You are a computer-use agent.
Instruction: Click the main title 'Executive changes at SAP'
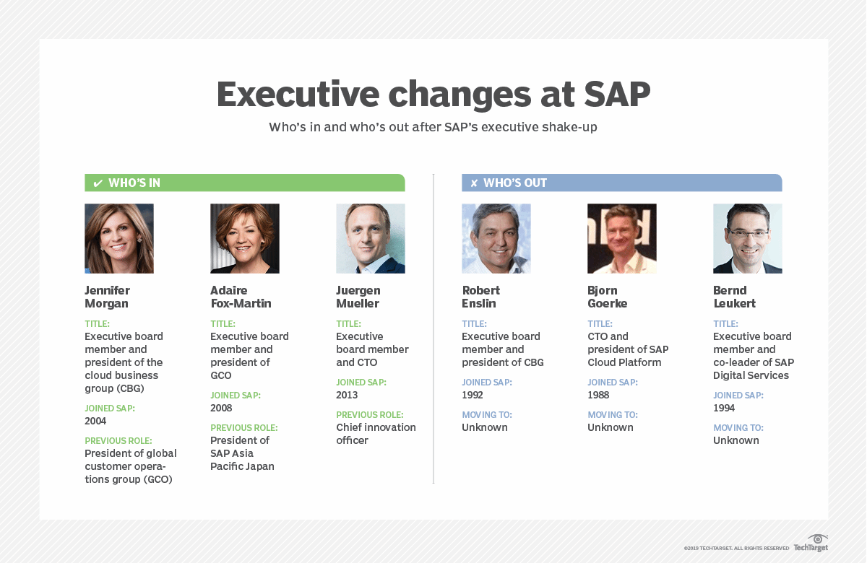pos(433,95)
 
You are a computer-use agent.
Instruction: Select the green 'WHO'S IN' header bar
pos(244,183)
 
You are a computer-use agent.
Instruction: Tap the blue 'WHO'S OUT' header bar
pos(621,183)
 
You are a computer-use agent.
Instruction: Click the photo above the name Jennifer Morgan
pos(119,238)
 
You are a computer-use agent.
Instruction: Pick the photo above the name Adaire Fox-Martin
pos(245,238)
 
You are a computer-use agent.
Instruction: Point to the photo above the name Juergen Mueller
pos(371,238)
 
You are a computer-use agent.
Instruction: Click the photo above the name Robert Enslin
pos(496,238)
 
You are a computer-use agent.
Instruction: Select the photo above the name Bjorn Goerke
pos(622,238)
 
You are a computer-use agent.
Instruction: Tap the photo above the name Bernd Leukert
pos(748,238)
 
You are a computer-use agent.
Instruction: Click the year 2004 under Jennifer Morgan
pos(95,421)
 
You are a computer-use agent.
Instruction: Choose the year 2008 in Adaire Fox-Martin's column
pos(221,408)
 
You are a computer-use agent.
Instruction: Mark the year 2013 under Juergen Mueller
pos(347,395)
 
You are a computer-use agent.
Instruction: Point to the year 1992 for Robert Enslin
pos(473,395)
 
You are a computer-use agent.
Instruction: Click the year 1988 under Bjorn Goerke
pos(598,395)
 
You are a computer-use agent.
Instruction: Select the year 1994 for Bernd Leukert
pos(724,408)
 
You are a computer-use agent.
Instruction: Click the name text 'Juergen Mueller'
pos(358,297)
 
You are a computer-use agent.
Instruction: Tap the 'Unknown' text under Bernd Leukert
pos(736,440)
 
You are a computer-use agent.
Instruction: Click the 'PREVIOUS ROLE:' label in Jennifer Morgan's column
pos(118,440)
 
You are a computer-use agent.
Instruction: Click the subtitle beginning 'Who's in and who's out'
pos(433,127)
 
